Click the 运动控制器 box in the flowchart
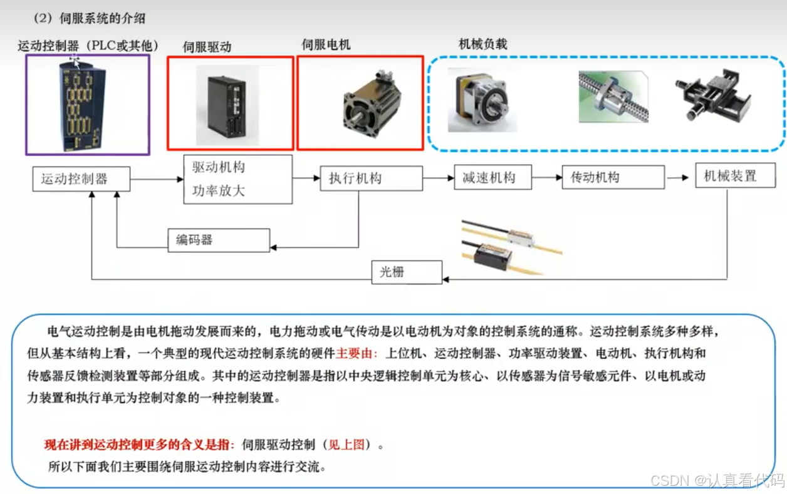pyautogui.click(x=81, y=179)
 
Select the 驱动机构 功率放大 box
pyautogui.click(x=238, y=179)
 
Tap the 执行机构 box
pyautogui.click(x=371, y=178)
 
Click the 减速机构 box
pyautogui.click(x=493, y=178)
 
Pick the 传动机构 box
pyautogui.click(x=613, y=178)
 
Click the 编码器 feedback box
pyautogui.click(x=219, y=240)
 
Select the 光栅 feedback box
pyautogui.click(x=407, y=272)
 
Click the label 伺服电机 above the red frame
pyautogui.click(x=326, y=45)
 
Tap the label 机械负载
pyautogui.click(x=482, y=44)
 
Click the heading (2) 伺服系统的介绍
pyautogui.click(x=89, y=18)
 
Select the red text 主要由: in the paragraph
pyautogui.click(x=357, y=353)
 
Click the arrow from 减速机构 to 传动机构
pyautogui.click(x=546, y=178)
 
